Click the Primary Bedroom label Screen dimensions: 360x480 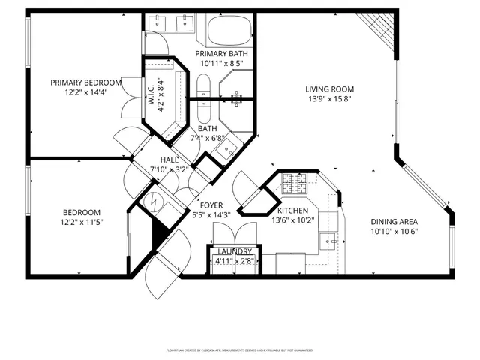[85, 82]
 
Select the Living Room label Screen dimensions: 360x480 [329, 89]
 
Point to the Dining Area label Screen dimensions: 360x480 [394, 221]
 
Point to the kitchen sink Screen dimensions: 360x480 [328, 241]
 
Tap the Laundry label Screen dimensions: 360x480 [232, 252]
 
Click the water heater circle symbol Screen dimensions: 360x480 [153, 202]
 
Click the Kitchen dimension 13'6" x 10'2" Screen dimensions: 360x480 [295, 221]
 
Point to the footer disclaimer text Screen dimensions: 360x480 [239, 350]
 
